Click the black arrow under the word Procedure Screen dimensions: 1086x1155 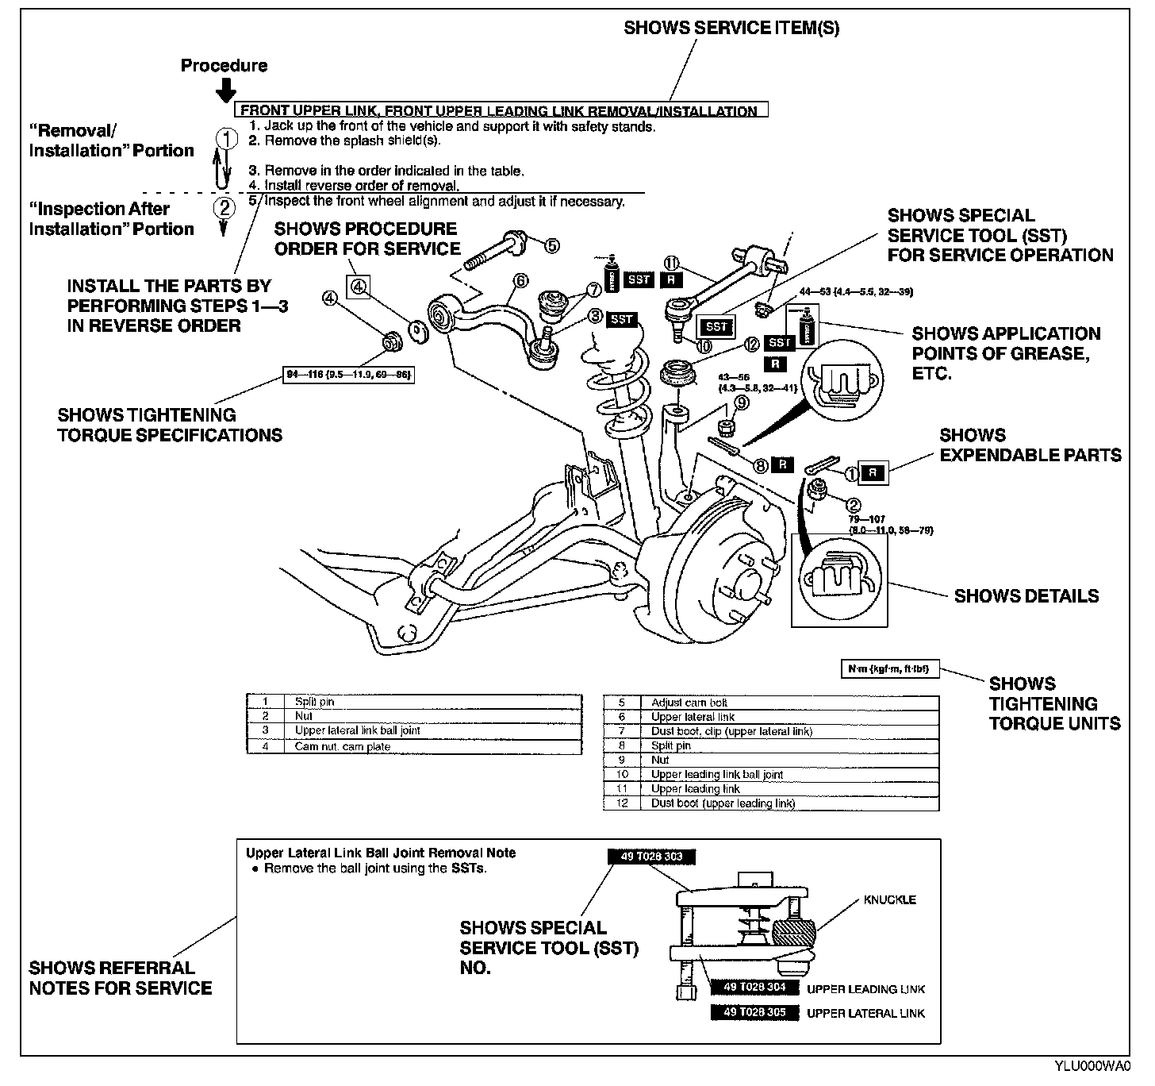[x=224, y=89]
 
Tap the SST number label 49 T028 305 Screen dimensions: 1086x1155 [x=754, y=1012]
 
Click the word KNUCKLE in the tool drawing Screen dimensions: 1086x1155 [x=890, y=899]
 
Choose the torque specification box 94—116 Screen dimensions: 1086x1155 [x=349, y=375]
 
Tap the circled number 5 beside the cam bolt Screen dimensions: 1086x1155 [x=551, y=246]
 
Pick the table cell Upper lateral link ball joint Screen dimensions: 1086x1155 [x=357, y=730]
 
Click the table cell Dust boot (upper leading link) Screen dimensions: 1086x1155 [x=723, y=803]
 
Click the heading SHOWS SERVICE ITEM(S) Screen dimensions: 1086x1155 [x=731, y=28]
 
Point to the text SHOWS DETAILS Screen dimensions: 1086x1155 [x=1026, y=596]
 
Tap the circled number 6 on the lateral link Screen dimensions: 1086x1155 [x=520, y=280]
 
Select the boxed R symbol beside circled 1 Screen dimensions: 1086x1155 [x=873, y=473]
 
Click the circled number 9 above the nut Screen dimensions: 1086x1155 [x=741, y=403]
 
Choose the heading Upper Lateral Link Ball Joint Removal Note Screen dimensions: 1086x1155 [x=381, y=853]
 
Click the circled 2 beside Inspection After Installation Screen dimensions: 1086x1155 [x=226, y=209]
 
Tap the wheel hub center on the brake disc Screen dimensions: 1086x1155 [x=746, y=586]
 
